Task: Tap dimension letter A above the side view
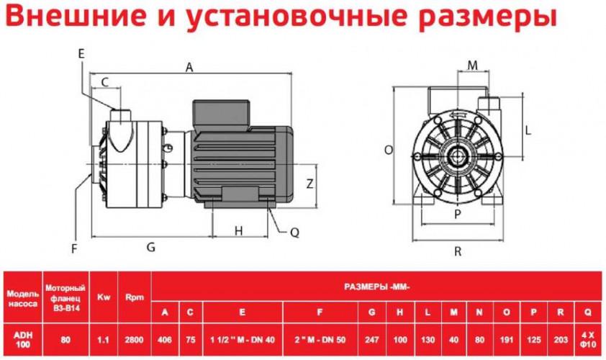[x=189, y=67]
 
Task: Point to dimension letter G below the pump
[x=151, y=247]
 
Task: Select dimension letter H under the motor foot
[x=239, y=231]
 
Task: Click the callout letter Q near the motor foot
[x=294, y=233]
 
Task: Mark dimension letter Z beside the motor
[x=309, y=184]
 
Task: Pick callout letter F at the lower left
[x=75, y=248]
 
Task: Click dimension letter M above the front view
[x=472, y=66]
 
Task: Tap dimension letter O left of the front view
[x=389, y=150]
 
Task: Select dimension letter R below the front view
[x=458, y=252]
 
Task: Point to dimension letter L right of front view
[x=528, y=130]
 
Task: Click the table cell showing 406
[x=165, y=340]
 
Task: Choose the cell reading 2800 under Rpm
[x=134, y=340]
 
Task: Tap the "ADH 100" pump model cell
[x=23, y=340]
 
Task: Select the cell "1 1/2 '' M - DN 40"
[x=243, y=340]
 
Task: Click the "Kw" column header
[x=104, y=297]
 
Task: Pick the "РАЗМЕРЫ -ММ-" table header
[x=377, y=287]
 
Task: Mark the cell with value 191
[x=506, y=340]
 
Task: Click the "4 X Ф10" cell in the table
[x=588, y=340]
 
